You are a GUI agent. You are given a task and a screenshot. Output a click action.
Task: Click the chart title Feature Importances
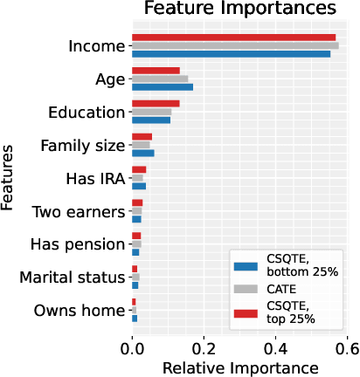click(x=239, y=10)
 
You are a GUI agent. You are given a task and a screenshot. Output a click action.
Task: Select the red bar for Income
click(x=233, y=38)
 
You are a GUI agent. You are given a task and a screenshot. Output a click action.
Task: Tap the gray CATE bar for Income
click(x=235, y=45)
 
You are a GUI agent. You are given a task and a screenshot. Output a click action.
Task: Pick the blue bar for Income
click(x=231, y=54)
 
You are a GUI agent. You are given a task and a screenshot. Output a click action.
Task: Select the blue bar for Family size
click(x=142, y=153)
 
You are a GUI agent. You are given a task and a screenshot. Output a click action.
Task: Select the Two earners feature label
click(x=78, y=211)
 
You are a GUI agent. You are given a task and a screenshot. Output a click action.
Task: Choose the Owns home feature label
click(x=80, y=311)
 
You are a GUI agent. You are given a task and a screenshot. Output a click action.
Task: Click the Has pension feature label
click(x=78, y=244)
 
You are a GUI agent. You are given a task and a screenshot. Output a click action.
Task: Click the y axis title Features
click(x=8, y=178)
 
